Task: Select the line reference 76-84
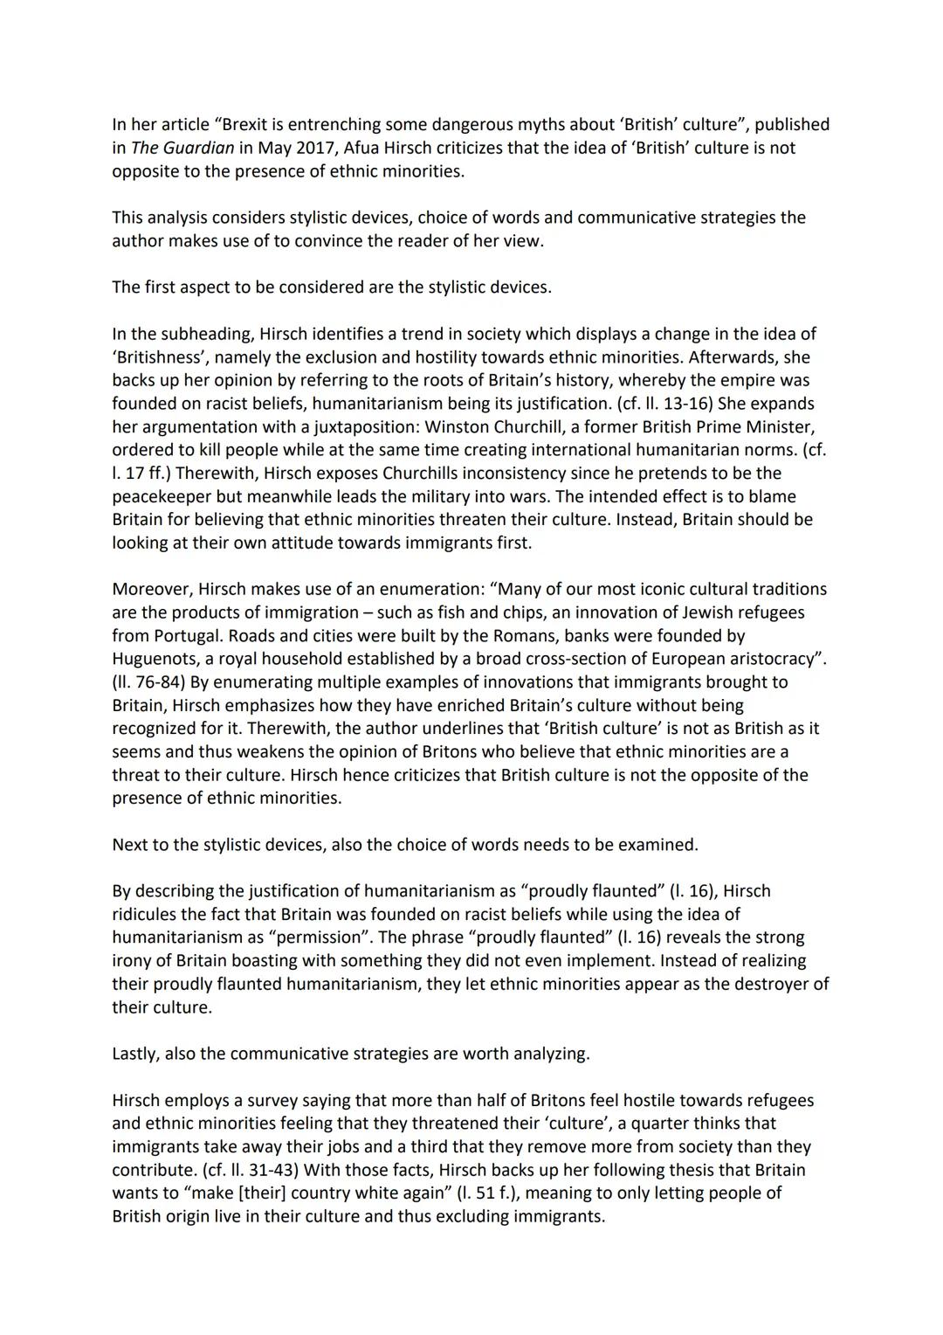tap(148, 682)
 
